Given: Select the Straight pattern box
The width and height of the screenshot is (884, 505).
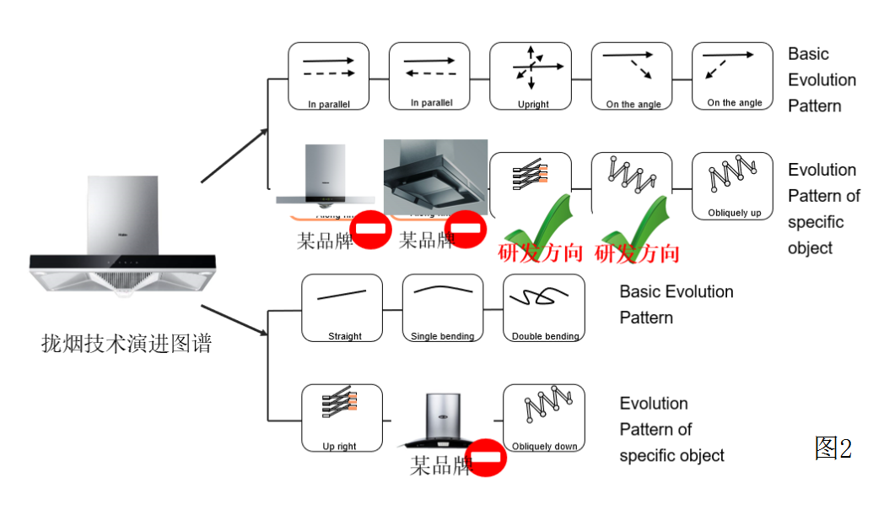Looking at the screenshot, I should (x=342, y=308).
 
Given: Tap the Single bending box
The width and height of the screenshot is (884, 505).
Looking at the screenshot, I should (x=443, y=308).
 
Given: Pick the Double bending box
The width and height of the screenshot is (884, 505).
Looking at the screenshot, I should (x=544, y=308).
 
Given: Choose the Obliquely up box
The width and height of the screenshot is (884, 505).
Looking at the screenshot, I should (x=732, y=186).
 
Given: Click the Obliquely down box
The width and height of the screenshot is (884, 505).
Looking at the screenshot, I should (x=544, y=418).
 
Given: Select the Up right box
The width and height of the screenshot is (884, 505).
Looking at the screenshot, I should (x=342, y=418).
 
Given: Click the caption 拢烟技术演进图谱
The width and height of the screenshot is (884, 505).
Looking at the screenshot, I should (x=127, y=344).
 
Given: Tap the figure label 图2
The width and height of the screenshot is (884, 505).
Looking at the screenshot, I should (x=833, y=448).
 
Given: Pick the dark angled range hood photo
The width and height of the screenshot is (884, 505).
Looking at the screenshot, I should (x=435, y=177).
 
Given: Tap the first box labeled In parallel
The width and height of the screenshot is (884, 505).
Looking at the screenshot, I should (x=328, y=77).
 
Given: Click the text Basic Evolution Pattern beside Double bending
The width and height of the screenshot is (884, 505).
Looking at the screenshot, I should (x=676, y=304).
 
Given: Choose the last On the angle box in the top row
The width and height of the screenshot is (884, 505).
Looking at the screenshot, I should (x=732, y=77).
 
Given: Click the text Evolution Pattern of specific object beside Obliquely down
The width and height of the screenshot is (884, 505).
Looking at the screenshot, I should (x=671, y=429).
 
